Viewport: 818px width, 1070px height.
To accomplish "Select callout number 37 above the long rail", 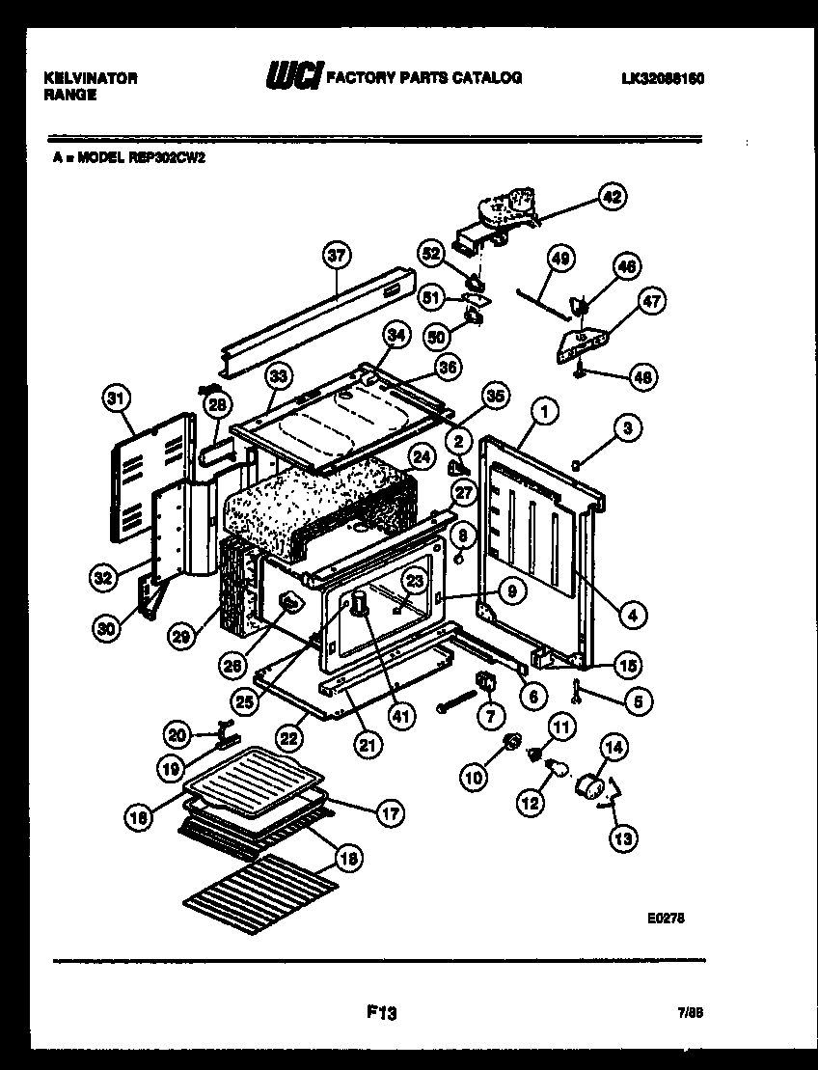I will [336, 257].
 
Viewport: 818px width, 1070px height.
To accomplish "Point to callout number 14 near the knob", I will [613, 745].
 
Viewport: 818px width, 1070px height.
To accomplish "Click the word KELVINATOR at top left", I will [90, 78].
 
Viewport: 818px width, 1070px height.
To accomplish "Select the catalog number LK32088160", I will [663, 78].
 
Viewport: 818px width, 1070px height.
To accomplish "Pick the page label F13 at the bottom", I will [382, 1013].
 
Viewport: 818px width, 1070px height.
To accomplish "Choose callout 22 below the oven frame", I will [286, 737].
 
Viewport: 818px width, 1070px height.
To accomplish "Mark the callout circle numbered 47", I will [653, 301].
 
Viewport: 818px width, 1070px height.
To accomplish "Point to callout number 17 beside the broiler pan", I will [390, 812].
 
